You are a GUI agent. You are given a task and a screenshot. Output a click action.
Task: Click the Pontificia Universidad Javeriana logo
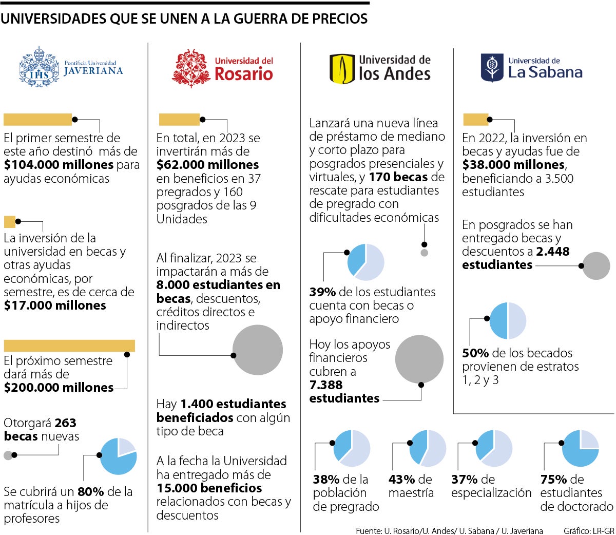(x=71, y=67)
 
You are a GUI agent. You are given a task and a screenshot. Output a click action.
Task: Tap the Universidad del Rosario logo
(x=222, y=68)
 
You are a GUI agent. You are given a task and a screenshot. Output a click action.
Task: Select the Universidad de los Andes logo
(x=380, y=68)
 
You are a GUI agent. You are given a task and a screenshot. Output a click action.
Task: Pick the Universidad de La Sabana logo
(x=531, y=68)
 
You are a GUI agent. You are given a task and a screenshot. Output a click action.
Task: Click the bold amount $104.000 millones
(x=59, y=165)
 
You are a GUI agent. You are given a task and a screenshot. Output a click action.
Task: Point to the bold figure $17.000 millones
(x=55, y=305)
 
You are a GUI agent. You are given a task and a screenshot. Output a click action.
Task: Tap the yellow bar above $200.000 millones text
(x=69, y=346)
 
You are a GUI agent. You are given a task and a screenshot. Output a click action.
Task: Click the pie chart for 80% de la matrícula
(x=118, y=456)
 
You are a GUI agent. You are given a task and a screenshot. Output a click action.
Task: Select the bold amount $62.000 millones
(x=207, y=165)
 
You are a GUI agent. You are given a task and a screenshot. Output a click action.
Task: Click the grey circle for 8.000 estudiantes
(x=258, y=350)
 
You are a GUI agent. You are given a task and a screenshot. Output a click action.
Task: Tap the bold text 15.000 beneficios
(x=209, y=488)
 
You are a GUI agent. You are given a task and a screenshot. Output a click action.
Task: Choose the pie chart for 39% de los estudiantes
(x=365, y=262)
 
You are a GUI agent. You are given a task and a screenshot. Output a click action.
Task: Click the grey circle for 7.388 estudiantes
(x=419, y=359)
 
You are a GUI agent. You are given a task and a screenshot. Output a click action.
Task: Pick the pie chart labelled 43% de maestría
(x=428, y=448)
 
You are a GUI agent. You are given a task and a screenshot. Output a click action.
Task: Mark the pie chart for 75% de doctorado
(x=580, y=448)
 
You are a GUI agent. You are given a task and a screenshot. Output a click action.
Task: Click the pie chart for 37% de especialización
(x=493, y=448)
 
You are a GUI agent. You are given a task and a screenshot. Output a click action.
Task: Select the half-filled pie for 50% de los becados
(x=508, y=321)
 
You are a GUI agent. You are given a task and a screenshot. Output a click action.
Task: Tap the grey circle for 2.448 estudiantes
(x=595, y=265)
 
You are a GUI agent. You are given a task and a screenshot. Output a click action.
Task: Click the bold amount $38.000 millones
(x=513, y=165)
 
